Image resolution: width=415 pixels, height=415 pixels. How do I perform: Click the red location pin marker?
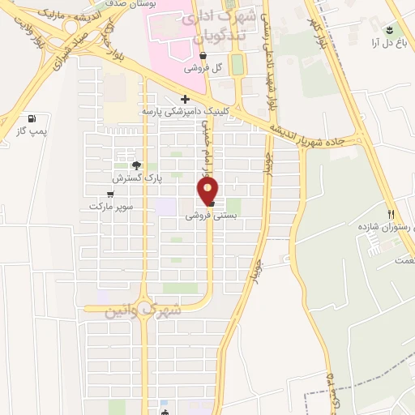(208, 190)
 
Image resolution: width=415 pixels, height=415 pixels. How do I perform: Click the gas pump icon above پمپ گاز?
(32, 118)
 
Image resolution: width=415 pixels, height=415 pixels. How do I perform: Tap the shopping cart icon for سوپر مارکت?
(110, 195)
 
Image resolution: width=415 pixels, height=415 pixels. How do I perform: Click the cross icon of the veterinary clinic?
(186, 99)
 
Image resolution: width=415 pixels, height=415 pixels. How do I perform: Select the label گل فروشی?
(204, 68)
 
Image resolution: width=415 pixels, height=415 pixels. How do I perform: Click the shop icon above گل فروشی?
(203, 56)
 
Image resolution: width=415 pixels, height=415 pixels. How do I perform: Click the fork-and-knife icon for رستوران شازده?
(391, 214)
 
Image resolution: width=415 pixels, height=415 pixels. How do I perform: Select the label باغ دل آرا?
(387, 42)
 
